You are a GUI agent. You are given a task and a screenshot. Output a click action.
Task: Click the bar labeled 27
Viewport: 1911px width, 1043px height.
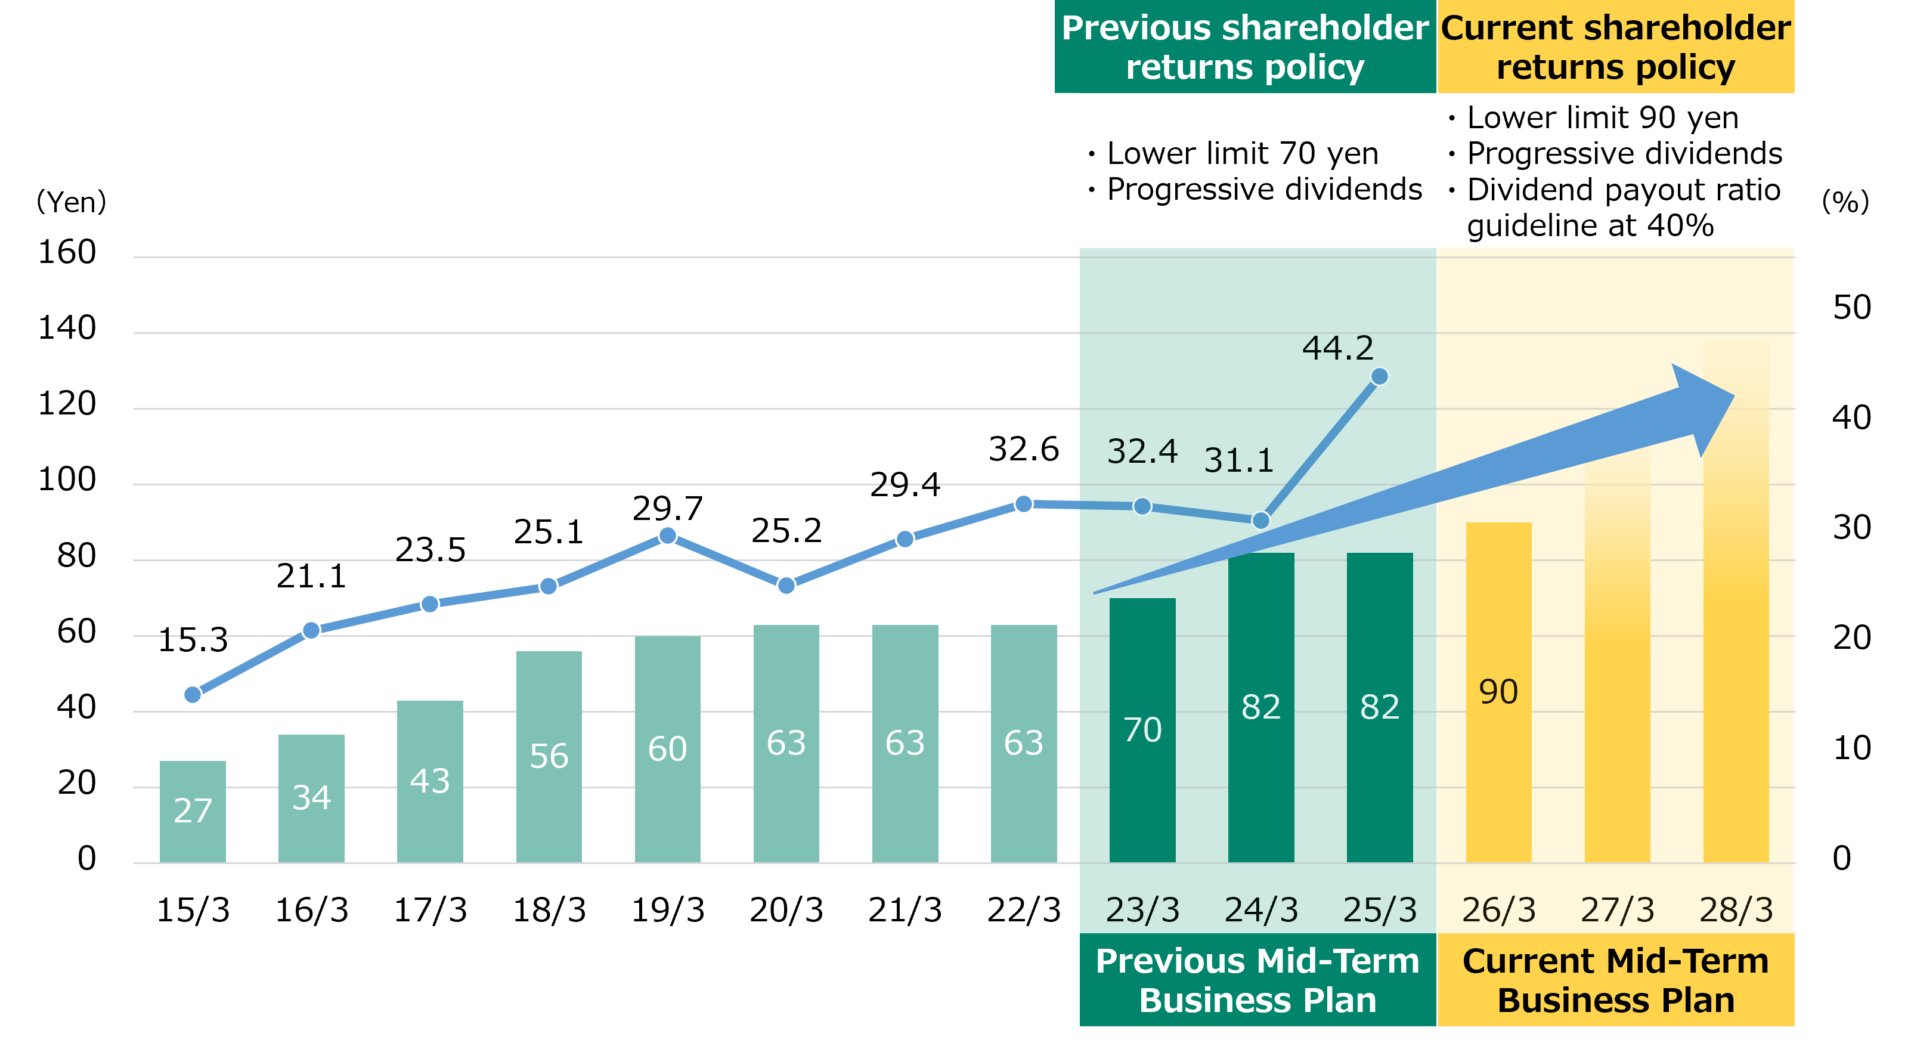click(192, 812)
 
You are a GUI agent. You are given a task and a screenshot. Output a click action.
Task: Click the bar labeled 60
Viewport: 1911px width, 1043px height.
click(667, 749)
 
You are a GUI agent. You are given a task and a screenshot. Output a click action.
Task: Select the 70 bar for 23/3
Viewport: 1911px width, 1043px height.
click(1142, 731)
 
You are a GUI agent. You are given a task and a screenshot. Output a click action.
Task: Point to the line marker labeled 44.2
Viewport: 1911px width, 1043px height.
click(1379, 377)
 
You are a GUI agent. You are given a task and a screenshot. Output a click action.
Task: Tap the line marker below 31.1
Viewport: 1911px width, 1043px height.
click(1260, 521)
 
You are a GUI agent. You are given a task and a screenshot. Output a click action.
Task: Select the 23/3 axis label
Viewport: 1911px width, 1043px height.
click(1142, 910)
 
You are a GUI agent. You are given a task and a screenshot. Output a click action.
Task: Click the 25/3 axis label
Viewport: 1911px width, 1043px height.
click(1380, 910)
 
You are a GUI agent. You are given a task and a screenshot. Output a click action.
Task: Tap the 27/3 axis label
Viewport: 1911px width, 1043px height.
click(1617, 910)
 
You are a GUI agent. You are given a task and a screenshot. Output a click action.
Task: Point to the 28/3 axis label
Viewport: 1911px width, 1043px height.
click(1736, 910)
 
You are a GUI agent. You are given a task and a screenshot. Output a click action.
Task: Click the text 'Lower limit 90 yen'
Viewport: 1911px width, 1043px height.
click(1602, 118)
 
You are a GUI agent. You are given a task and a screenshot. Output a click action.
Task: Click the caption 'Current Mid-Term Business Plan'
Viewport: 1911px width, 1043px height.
click(1616, 981)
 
